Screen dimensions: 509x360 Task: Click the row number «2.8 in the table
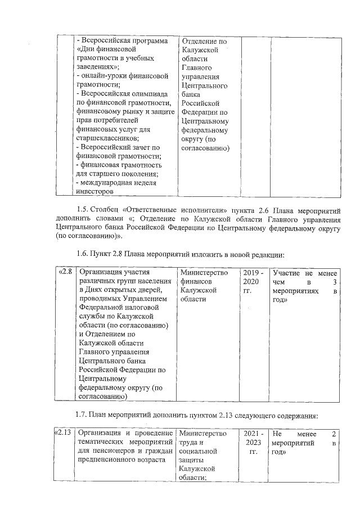pos(66,272)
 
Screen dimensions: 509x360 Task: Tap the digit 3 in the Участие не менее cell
pos(334,282)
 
